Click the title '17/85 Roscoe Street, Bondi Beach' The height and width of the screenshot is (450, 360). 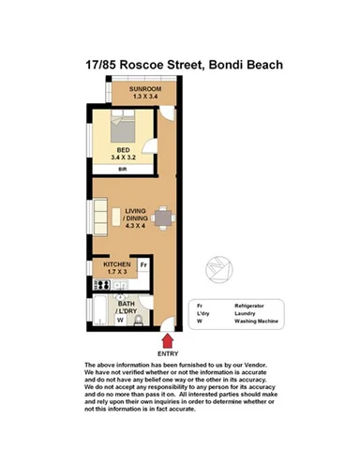tap(179, 65)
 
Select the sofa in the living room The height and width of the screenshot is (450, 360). tap(115, 217)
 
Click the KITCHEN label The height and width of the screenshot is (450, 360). tap(117, 265)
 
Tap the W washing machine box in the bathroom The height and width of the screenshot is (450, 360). tap(120, 320)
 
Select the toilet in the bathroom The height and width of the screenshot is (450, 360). tap(140, 319)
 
